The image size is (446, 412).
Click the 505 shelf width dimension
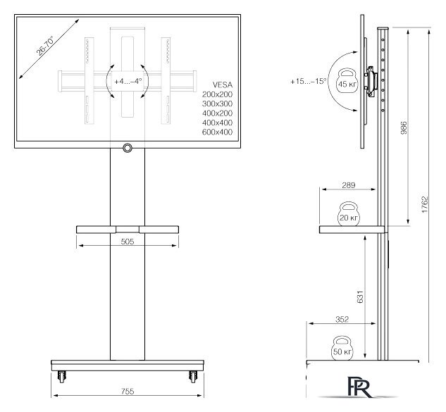coord(128,240)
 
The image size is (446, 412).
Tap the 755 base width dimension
coord(128,392)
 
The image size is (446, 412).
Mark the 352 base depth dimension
coord(342,319)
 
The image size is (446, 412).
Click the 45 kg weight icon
coord(347,82)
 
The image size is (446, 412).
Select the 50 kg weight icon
coord(342,349)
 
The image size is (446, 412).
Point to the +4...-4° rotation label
coord(128,81)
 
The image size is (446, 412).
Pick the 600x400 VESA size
coord(217,132)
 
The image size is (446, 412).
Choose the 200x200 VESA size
coord(217,93)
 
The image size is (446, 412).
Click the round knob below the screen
coord(128,148)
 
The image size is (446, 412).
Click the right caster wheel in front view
coord(191,377)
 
